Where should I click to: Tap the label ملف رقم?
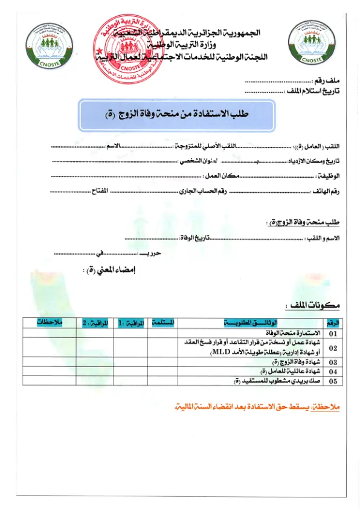[x=328, y=80]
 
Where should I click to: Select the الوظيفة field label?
[x=329, y=175]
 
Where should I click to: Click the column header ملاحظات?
[x=50, y=323]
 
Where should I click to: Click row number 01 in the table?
[x=333, y=333]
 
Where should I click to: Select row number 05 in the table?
[x=333, y=381]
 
